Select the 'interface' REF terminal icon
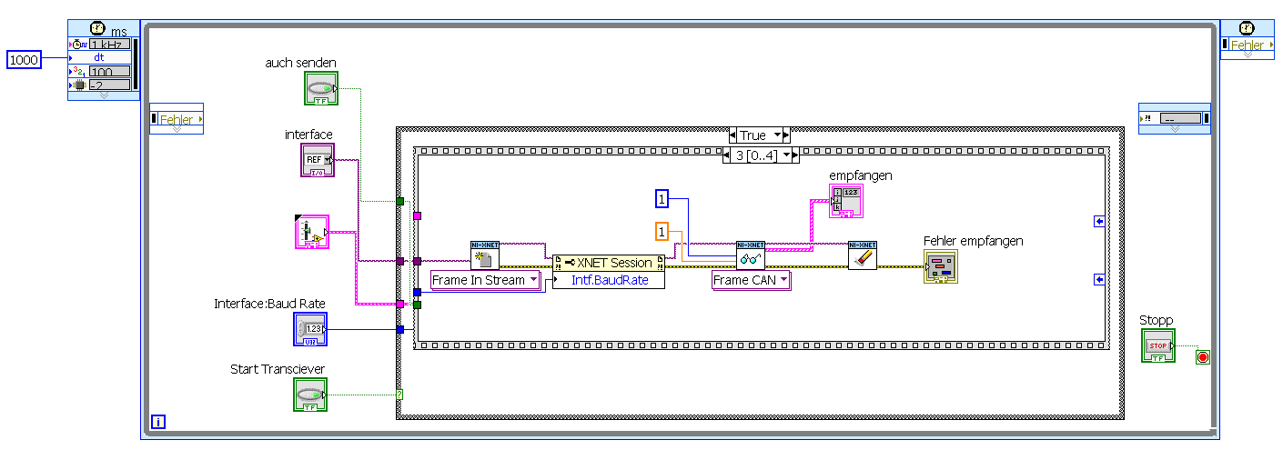318,160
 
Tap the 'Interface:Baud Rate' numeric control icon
310,329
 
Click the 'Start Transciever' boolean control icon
310,395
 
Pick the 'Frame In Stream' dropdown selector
484,280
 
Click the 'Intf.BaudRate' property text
609,280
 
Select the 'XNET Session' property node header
609,263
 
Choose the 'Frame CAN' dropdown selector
751,280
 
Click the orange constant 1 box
662,232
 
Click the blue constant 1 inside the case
662,197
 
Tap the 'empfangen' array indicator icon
845,201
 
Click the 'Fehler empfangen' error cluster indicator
941,266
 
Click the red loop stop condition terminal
1203,357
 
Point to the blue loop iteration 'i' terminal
159,421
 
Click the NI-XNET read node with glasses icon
751,255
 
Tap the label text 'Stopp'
1156,320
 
